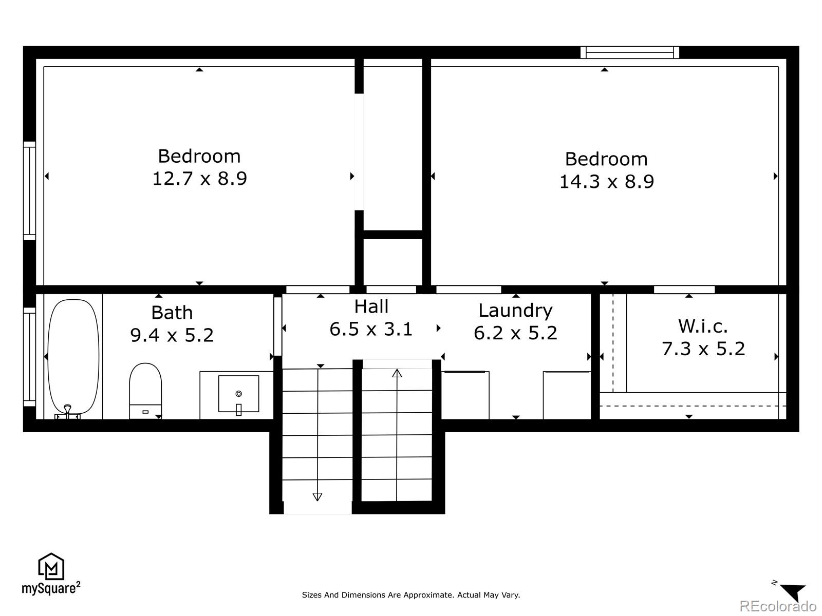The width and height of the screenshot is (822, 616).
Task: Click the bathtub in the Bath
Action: click(73, 357)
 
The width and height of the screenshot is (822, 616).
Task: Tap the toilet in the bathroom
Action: click(145, 390)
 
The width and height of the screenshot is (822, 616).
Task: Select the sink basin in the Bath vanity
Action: click(238, 394)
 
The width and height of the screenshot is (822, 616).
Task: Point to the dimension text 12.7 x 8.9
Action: click(199, 179)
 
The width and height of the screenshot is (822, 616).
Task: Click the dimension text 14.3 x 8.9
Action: click(606, 182)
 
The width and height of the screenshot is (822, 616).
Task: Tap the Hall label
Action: click(371, 306)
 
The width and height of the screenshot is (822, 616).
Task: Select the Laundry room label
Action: click(515, 310)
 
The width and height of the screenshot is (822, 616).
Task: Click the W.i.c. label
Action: click(703, 326)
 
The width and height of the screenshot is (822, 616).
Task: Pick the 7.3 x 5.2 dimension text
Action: click(703, 349)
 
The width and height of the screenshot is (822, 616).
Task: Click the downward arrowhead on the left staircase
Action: click(317, 496)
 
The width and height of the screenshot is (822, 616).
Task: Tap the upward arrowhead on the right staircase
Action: click(397, 373)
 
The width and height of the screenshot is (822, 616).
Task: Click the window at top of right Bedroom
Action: click(630, 52)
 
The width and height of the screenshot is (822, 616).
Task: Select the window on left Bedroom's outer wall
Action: click(29, 191)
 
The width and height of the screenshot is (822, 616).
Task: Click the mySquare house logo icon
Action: click(51, 566)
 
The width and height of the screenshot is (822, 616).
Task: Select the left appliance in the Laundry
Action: click(465, 395)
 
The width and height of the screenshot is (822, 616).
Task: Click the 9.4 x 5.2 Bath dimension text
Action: click(172, 335)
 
